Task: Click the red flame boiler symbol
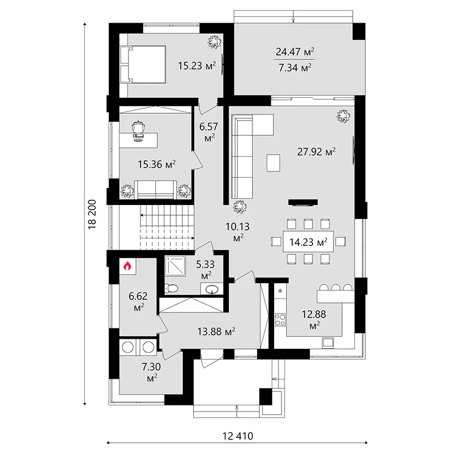(x=127, y=266)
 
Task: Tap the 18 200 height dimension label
(x=92, y=215)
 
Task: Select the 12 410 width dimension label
(x=238, y=435)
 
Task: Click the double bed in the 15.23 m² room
(x=143, y=65)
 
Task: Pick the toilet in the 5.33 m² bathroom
(x=172, y=288)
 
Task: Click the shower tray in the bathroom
(x=176, y=266)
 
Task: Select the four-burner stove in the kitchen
(x=280, y=320)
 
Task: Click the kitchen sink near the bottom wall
(x=328, y=343)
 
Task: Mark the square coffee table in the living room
(x=273, y=163)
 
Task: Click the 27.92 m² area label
(x=317, y=152)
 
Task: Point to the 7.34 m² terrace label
(x=295, y=67)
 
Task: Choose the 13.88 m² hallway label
(x=216, y=331)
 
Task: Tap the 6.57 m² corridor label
(x=209, y=132)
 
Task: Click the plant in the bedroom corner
(x=215, y=41)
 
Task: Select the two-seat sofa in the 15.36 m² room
(x=156, y=190)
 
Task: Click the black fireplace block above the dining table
(x=303, y=202)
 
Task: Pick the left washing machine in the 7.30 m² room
(x=128, y=347)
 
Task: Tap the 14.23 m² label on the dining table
(x=308, y=242)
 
